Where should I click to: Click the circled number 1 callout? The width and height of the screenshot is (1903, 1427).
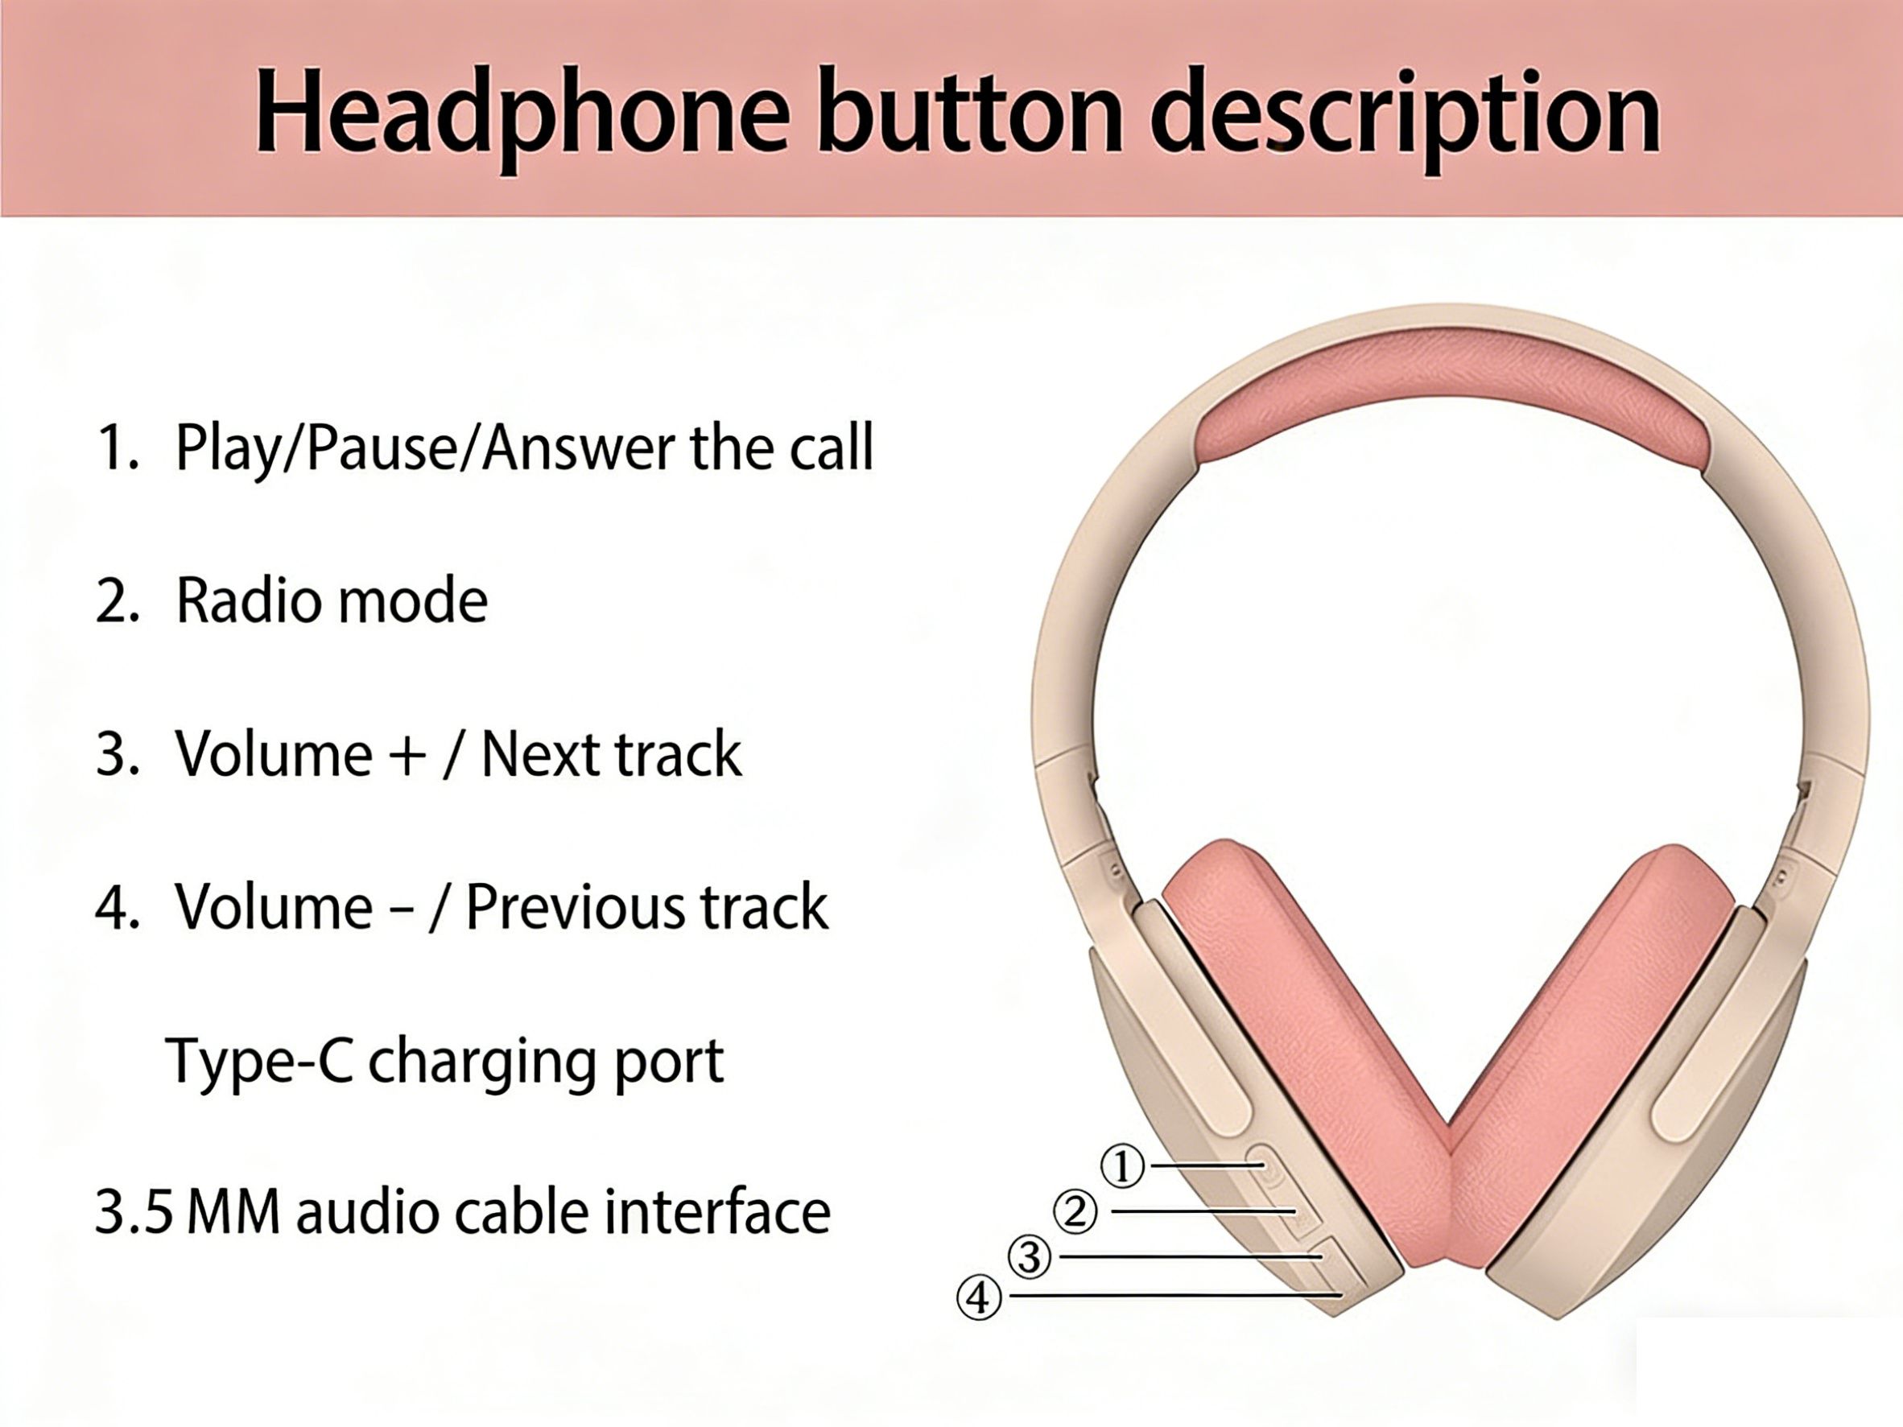[1123, 1167]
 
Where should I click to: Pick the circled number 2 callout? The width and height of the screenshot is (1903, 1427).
[1075, 1213]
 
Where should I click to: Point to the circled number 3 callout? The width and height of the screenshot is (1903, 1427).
[1029, 1257]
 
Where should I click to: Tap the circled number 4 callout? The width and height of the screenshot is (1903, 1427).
[979, 1298]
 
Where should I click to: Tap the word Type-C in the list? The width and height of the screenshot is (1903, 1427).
[258, 1061]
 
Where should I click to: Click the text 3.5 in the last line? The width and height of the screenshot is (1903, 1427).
[134, 1211]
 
